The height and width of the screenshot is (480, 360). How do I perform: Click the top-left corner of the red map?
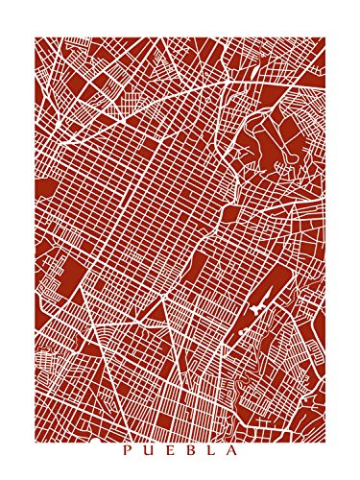[35, 38]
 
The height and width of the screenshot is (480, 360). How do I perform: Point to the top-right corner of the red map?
[325, 38]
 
